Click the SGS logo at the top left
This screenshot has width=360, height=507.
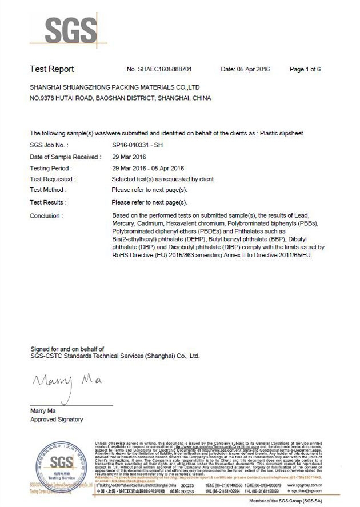click(x=63, y=30)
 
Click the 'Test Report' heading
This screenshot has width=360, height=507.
click(x=52, y=69)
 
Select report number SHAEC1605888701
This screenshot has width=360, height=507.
click(x=165, y=70)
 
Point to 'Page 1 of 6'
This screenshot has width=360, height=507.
click(x=305, y=70)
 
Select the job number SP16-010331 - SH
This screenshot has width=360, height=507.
click(x=138, y=146)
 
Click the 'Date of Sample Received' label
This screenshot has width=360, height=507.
click(x=65, y=157)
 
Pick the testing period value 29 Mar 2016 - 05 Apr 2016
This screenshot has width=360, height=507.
click(x=148, y=169)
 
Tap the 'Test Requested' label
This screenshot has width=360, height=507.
click(x=52, y=179)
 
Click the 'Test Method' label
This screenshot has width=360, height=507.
click(x=48, y=190)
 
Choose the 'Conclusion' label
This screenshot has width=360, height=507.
click(x=46, y=216)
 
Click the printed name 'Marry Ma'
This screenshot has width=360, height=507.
click(x=43, y=411)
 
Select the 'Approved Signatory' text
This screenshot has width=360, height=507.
click(x=56, y=420)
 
